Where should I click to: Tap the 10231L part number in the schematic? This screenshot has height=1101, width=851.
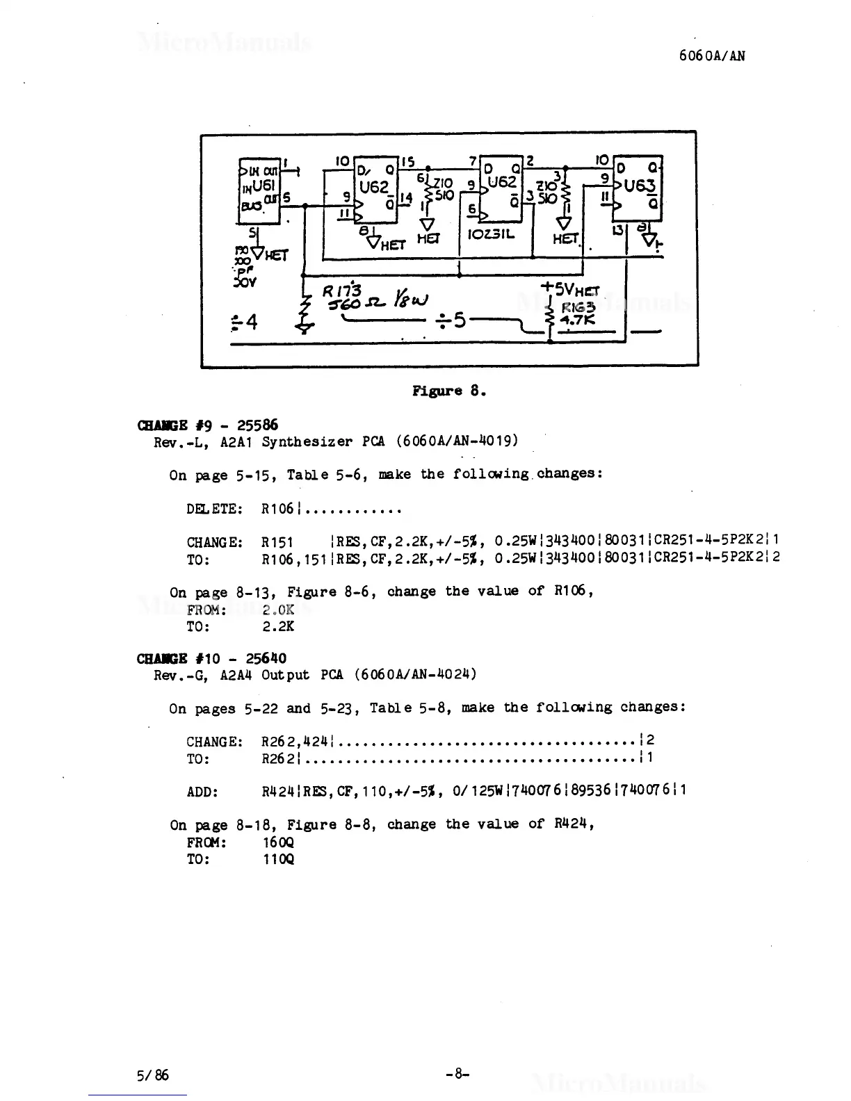(x=490, y=234)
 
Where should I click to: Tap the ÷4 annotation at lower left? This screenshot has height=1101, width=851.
(x=244, y=323)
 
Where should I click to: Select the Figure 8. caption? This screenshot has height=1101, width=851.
(x=449, y=391)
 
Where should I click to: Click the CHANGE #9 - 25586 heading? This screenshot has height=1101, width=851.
(x=207, y=424)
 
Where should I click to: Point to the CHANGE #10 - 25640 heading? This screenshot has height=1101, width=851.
(x=211, y=658)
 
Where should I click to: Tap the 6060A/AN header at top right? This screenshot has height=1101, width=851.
(x=712, y=56)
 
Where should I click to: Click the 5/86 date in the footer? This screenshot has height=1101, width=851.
(x=153, y=1075)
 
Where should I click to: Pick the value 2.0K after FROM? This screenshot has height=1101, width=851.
(x=278, y=610)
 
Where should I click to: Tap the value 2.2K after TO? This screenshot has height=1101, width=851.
(x=278, y=626)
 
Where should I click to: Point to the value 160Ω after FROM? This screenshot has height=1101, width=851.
(x=278, y=842)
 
